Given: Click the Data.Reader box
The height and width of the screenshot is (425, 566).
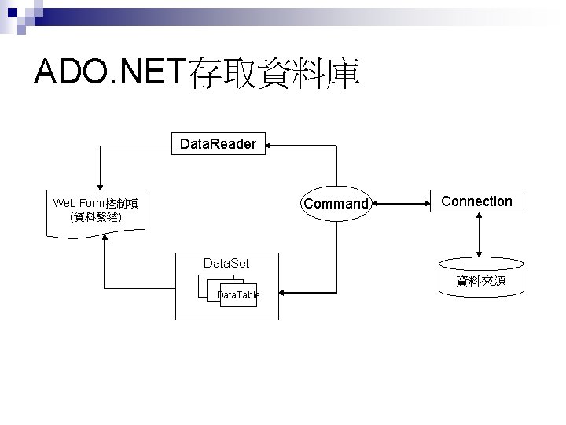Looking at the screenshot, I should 218,144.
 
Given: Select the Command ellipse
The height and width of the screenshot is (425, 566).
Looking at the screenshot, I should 336,204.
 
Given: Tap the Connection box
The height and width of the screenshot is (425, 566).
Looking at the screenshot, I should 476,201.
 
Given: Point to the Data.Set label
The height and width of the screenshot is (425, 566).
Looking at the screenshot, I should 226,262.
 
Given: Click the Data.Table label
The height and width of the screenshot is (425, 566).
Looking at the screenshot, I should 238,294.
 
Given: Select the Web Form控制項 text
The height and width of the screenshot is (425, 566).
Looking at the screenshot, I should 95,203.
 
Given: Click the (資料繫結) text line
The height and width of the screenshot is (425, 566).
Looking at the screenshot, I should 95,216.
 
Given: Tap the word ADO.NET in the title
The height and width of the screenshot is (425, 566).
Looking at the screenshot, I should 108,73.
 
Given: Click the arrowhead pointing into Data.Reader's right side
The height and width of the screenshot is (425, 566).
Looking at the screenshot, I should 270,145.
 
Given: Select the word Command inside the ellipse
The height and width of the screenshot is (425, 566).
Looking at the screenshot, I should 336,204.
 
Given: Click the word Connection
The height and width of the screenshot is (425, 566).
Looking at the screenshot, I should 476,201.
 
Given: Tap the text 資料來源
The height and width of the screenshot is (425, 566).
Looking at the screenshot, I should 480,281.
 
